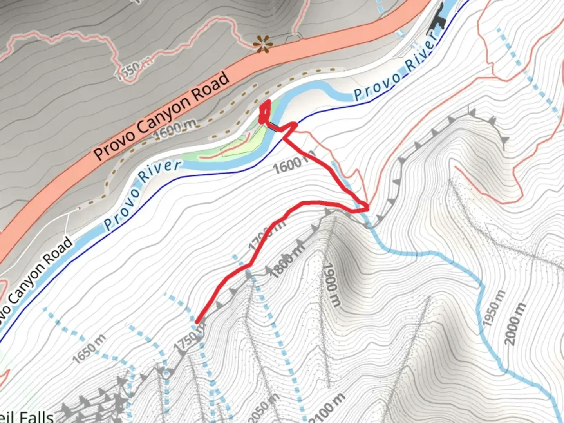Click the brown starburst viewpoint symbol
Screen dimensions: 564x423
point(262,44)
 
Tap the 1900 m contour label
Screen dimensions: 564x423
point(331,284)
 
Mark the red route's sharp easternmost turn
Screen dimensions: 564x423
point(367,208)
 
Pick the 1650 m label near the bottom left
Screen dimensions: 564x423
point(89,348)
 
